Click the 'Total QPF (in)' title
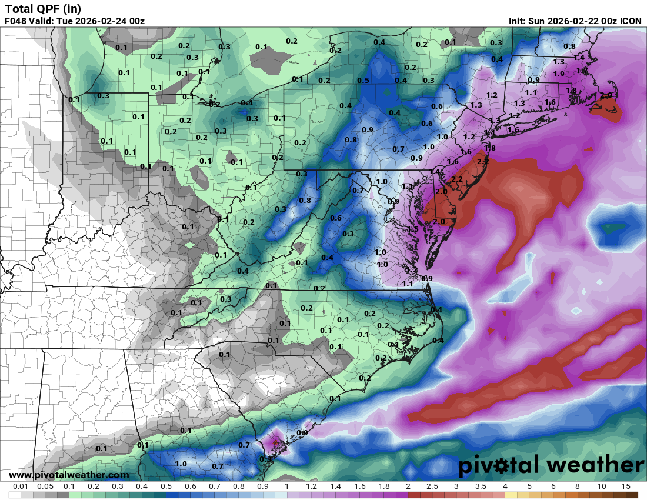point(43,8)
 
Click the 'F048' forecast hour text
point(15,21)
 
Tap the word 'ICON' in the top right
point(631,21)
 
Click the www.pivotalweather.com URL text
point(69,475)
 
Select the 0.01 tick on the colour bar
point(21,487)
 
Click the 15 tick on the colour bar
point(625,487)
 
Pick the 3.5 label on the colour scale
point(481,487)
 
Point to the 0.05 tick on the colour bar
point(45,487)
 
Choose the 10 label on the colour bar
point(601,487)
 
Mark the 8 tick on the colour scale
point(577,487)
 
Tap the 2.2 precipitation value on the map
point(456,179)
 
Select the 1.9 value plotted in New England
point(559,74)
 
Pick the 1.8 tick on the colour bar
point(383,487)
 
